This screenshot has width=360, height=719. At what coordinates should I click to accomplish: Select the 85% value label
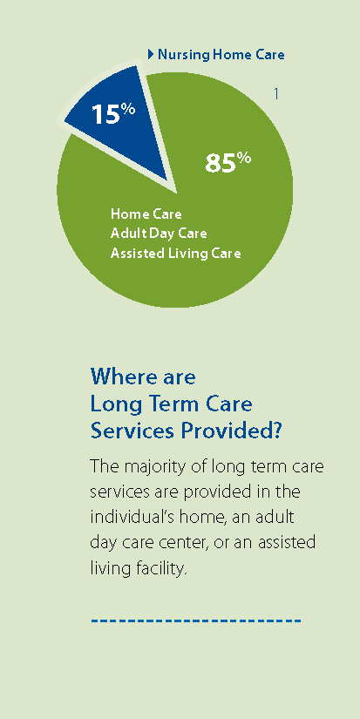[x=228, y=162]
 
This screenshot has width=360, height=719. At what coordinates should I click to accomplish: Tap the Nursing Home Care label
[x=221, y=55]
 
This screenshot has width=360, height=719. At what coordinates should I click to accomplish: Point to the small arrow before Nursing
[x=151, y=55]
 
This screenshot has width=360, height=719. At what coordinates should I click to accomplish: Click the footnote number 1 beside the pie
[x=275, y=94]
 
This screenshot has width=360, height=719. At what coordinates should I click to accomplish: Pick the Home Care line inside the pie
[x=146, y=214]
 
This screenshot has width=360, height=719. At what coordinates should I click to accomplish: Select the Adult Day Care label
[x=159, y=234]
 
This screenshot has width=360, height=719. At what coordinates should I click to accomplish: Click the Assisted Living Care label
[x=176, y=253]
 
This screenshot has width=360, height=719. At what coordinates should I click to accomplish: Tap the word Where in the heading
[x=119, y=377]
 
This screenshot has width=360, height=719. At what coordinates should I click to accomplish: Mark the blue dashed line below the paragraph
[x=196, y=621]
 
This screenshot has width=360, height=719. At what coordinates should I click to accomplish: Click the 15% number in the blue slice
[x=113, y=112]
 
